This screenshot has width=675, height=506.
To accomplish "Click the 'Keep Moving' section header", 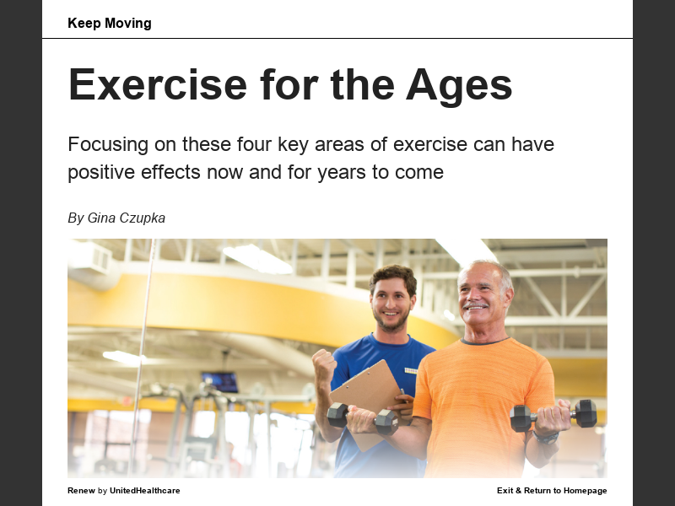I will tap(110, 23).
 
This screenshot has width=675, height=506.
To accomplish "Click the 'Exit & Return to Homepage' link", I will tap(552, 491).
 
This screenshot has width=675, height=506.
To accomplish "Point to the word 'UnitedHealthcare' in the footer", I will tap(144, 491).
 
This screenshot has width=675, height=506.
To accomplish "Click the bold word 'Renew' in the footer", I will tap(81, 491).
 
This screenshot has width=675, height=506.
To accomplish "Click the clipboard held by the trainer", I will tap(365, 392).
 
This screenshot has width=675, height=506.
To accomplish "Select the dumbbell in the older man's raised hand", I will tap(553, 415).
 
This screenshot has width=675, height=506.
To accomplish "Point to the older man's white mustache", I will tap(475, 304).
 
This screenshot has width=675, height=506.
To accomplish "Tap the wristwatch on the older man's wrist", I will tap(547, 437).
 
